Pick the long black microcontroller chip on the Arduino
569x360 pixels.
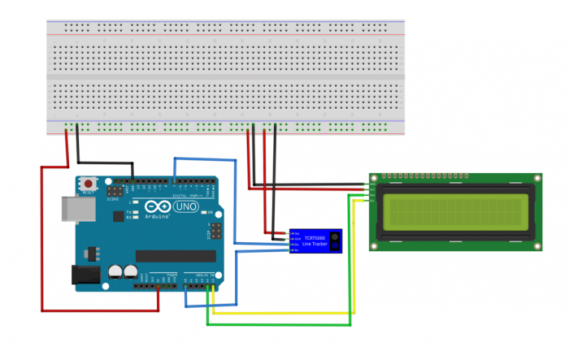pyautogui.click(x=175, y=255)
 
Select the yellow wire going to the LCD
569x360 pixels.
pyautogui.click(x=284, y=313)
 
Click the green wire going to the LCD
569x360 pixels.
pyautogui.click(x=280, y=325)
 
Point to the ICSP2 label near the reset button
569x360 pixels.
pyautogui.click(x=114, y=198)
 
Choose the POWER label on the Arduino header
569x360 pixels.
pyautogui.click(x=171, y=276)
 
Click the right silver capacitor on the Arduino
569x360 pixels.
pyautogui.click(x=131, y=271)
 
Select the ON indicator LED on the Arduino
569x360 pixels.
pyautogui.click(x=210, y=213)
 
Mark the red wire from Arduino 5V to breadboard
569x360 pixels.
pyautogui.click(x=42, y=244)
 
